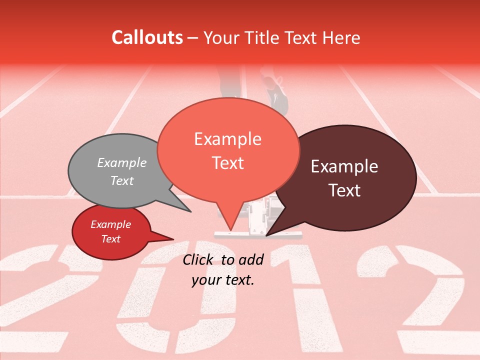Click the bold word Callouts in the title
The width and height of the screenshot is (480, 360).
pyautogui.click(x=147, y=37)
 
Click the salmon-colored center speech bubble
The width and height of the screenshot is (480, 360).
pyautogui.click(x=228, y=150)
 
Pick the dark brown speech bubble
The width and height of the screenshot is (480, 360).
pyautogui.click(x=350, y=177)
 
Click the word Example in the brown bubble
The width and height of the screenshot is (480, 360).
pyautogui.click(x=344, y=166)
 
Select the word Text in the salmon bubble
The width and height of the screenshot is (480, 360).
pyautogui.click(x=228, y=163)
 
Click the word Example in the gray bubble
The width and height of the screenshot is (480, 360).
pyautogui.click(x=122, y=163)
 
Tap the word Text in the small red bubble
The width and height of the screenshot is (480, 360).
pyautogui.click(x=111, y=239)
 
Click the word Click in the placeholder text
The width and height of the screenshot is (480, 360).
pyautogui.click(x=199, y=259)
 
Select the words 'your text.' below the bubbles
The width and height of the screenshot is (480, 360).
pyautogui.click(x=223, y=280)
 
